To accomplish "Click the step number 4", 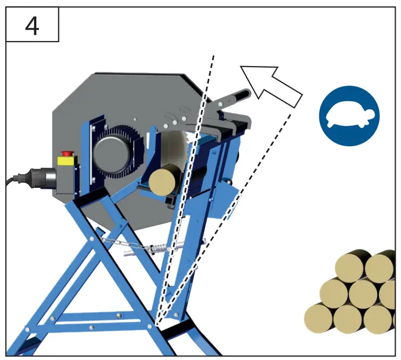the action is [x=31, y=26].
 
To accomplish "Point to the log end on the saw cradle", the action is [x=163, y=181].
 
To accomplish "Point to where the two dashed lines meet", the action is [x=157, y=323].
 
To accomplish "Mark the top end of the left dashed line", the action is [x=213, y=55].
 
